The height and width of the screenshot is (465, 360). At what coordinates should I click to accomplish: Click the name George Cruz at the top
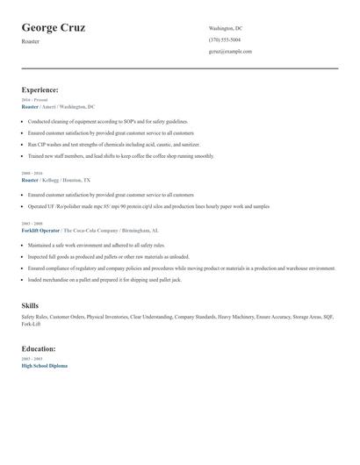tap(54, 27)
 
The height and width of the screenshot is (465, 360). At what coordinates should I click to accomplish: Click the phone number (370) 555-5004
tap(225, 39)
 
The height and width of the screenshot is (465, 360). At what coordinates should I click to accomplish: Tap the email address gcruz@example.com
tap(230, 51)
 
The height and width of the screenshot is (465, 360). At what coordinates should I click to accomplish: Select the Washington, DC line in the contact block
tap(226, 28)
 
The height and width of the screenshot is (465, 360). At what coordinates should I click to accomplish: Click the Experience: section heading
tap(40, 89)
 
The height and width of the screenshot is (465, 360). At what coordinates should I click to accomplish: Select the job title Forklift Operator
tap(40, 230)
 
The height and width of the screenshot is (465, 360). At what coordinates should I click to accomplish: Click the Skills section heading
tap(30, 305)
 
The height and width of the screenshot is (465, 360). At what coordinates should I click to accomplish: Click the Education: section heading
tap(39, 348)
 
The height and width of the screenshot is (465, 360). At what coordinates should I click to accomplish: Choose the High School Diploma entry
tap(44, 365)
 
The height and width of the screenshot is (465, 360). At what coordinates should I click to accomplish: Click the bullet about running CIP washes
tap(114, 144)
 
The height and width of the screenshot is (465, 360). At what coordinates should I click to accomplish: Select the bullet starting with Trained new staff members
tap(120, 155)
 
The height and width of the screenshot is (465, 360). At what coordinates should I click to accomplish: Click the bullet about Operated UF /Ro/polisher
tap(148, 206)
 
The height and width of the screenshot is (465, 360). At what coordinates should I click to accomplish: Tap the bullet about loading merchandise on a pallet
tap(104, 279)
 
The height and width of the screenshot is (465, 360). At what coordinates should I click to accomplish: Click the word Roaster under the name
tap(31, 41)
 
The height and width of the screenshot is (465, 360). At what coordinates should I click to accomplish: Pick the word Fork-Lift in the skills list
tap(32, 324)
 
